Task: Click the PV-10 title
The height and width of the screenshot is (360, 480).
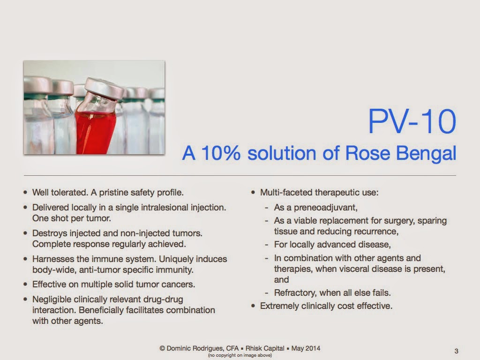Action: click(412, 121)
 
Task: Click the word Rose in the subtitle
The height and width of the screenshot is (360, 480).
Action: click(367, 153)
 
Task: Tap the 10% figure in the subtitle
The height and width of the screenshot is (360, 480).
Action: click(221, 153)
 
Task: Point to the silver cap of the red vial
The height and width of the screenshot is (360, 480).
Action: click(105, 88)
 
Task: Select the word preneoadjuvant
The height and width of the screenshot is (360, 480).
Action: click(325, 208)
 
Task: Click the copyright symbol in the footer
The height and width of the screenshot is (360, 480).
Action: click(162, 348)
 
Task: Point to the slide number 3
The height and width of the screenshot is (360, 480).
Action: click(457, 351)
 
